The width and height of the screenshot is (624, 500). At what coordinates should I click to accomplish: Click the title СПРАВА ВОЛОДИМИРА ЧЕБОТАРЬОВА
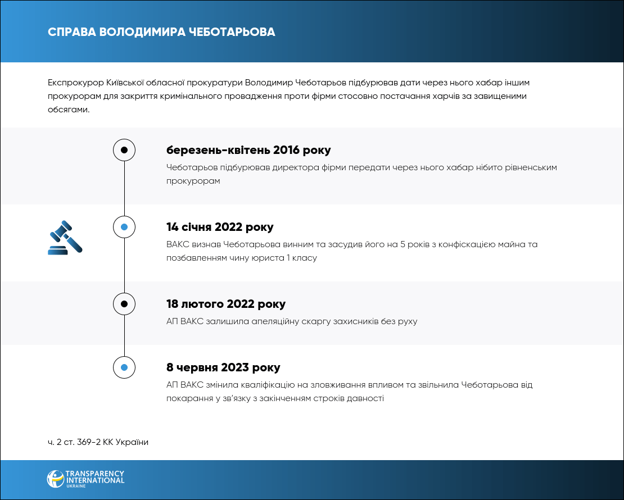(161, 31)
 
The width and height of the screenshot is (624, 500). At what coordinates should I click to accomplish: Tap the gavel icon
(65, 238)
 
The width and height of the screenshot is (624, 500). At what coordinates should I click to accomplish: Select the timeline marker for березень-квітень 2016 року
(124, 150)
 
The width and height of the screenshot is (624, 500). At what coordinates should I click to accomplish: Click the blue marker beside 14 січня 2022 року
(124, 227)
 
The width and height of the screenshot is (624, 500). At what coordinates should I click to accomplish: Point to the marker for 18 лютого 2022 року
(124, 304)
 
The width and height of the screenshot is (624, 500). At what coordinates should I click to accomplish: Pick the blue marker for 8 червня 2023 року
(124, 367)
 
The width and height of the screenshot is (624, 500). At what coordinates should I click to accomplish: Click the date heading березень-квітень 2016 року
(248, 151)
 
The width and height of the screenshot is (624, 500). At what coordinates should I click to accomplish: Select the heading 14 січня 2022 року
(220, 228)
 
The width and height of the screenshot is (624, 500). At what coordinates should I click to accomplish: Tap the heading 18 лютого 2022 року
(226, 304)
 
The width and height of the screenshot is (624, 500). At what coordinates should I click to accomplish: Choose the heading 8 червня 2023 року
(223, 368)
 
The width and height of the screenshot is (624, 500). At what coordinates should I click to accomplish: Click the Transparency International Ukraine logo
(85, 479)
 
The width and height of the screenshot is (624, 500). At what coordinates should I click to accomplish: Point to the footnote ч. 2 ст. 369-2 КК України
(98, 442)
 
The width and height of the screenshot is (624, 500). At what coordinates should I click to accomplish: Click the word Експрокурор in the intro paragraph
(75, 83)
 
